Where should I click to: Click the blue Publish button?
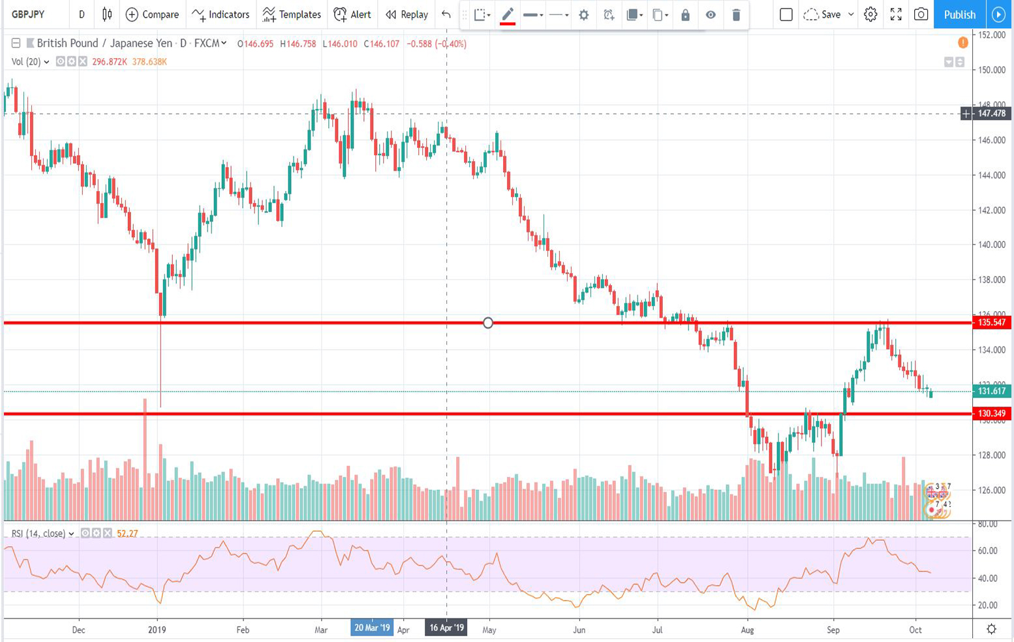(959, 14)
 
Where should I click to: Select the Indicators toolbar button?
(221, 14)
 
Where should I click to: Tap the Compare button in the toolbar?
(152, 14)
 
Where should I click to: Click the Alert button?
(352, 14)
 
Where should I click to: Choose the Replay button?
(407, 14)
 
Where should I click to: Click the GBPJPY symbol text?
(28, 14)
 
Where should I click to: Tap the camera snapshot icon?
(921, 14)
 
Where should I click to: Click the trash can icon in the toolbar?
(736, 14)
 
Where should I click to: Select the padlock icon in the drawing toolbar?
(685, 14)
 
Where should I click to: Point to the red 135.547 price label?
(991, 322)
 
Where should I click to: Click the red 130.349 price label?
(991, 413)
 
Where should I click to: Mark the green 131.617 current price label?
(991, 391)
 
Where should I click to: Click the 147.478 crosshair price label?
(991, 114)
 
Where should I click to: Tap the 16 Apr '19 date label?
(446, 628)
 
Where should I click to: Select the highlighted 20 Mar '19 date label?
(372, 628)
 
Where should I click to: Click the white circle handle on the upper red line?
(488, 323)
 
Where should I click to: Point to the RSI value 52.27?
(127, 534)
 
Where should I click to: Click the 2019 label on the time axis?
(157, 630)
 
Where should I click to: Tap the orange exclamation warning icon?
(962, 43)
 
